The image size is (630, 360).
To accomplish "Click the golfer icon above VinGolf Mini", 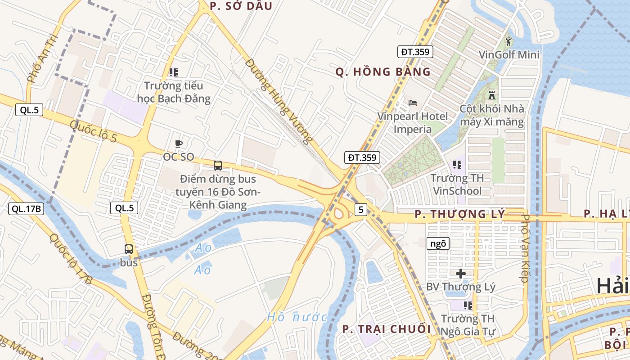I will [508, 42].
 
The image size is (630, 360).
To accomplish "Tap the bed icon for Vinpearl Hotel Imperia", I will [413, 103].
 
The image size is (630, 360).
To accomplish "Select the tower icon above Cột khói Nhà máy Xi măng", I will [492, 96].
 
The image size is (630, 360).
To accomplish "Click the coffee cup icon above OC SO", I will [179, 144].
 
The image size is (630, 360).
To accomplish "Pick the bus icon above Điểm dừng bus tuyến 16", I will [218, 166].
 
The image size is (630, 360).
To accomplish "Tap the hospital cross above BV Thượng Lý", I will [461, 273].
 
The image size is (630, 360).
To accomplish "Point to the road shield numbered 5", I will [360, 209].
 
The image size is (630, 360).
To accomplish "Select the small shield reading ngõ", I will [438, 243].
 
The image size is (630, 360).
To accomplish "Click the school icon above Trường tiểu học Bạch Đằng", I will [174, 72].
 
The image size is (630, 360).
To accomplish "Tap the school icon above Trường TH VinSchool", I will [457, 165].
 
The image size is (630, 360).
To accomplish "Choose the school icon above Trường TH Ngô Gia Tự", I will [468, 306].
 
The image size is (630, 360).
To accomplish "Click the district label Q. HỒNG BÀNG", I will [383, 72].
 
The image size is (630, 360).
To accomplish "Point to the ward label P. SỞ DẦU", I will [241, 6].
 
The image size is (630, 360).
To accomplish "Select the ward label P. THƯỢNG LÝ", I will [459, 214].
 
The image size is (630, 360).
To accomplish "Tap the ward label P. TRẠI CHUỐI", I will [387, 329].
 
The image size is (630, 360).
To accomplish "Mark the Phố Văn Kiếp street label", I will [524, 248].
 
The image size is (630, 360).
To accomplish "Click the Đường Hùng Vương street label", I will [279, 101].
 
